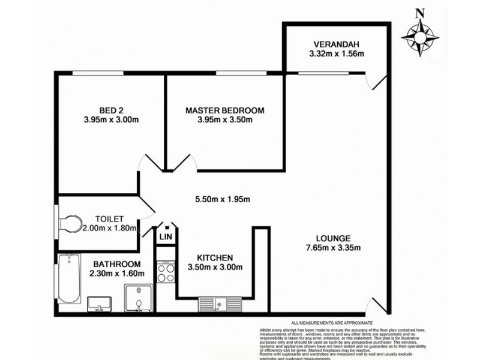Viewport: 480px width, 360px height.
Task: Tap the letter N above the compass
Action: coord(422,11)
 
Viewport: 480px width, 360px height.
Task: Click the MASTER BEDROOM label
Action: coord(225,110)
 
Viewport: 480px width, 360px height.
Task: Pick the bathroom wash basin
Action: coord(98,304)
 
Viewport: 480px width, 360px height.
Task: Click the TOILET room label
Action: coord(109,219)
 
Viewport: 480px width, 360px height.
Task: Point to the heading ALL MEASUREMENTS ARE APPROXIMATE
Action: coord(331,322)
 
